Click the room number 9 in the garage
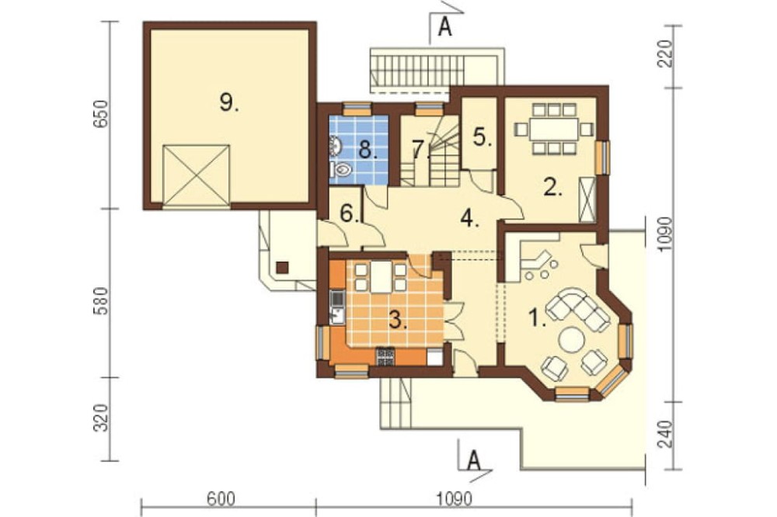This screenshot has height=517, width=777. coord(228,102)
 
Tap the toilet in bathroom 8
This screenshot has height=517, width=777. coord(341,170)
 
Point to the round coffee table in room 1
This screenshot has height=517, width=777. coord(571,340)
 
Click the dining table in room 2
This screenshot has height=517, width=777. coord(553,130)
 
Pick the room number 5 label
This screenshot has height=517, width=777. coord(482,137)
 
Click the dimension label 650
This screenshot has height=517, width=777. coord(100,115)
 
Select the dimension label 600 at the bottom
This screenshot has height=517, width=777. coord(221,498)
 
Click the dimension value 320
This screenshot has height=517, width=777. coord(100,418)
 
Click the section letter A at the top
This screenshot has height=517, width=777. coord(445,28)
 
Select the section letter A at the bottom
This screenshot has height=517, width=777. coord(474,460)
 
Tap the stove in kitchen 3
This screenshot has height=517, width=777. coord(385,356)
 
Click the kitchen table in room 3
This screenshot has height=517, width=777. coord(381,277)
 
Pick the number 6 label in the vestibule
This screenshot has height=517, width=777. coord(349,213)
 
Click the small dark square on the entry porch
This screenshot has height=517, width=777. coord(283,267)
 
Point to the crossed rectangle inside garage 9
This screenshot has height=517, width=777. coord(197,175)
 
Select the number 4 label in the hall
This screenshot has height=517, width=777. coord(469,217)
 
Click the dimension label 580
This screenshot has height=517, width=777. coord(100,301)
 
